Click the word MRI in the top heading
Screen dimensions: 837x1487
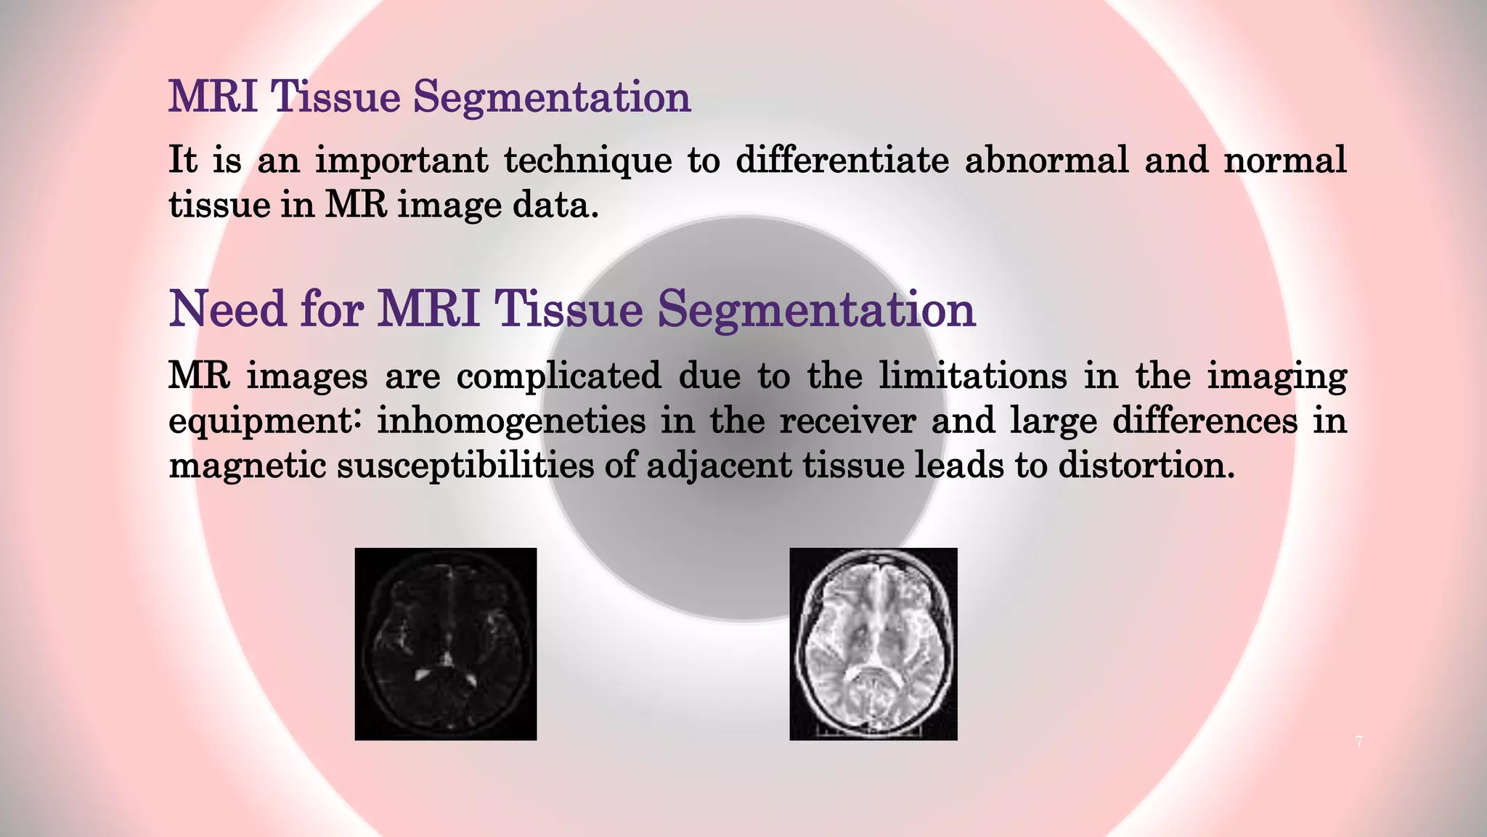point(213,96)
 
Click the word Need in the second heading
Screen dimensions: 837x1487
point(227,309)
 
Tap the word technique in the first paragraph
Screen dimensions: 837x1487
point(588,160)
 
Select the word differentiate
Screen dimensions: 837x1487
point(842,160)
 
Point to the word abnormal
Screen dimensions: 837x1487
point(1046,160)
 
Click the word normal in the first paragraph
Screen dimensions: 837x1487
point(1284,160)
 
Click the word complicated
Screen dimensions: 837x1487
point(558,376)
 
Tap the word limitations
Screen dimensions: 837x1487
point(973,376)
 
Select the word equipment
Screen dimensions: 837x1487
point(263,421)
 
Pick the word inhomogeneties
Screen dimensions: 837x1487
point(511,421)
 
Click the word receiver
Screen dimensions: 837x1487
point(847,421)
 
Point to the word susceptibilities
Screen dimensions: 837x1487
point(465,466)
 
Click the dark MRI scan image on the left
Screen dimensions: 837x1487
point(445,644)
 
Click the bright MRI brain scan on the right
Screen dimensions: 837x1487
point(873,644)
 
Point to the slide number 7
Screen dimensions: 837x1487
point(1358,742)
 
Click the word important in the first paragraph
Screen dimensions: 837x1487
point(402,160)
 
